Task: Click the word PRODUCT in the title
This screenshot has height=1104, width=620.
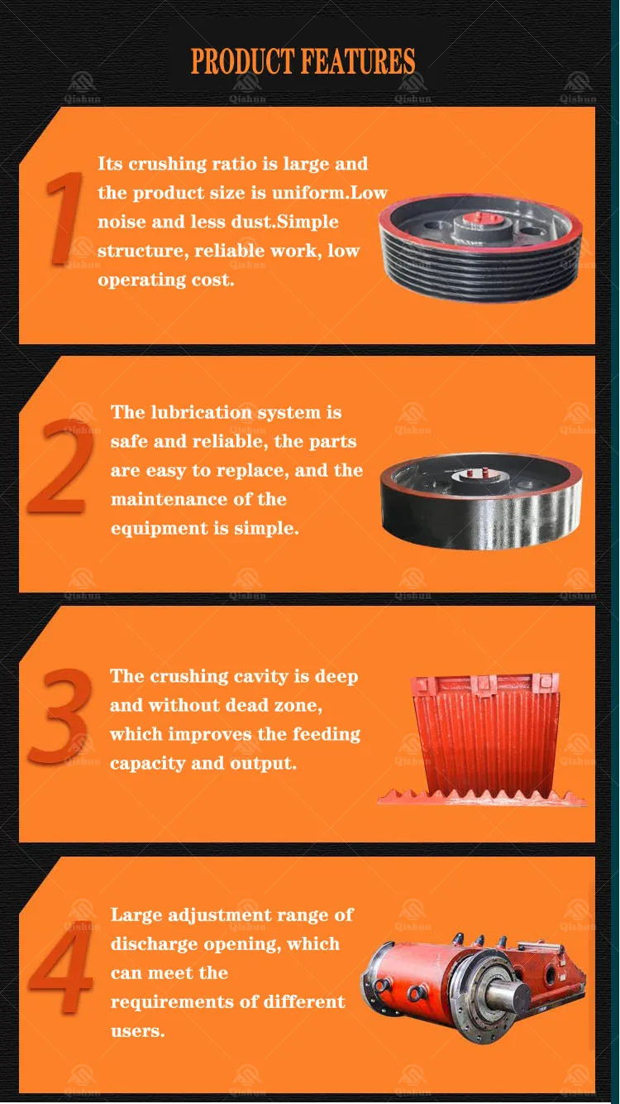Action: [x=242, y=61]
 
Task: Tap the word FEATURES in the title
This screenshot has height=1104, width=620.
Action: [x=358, y=61]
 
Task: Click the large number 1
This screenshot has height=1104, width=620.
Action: [x=64, y=218]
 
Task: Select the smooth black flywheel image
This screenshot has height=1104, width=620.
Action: [x=481, y=502]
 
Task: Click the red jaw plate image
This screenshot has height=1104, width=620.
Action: [x=483, y=740]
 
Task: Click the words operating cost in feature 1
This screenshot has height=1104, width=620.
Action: [x=166, y=280]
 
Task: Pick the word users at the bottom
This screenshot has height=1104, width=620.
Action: [x=138, y=1031]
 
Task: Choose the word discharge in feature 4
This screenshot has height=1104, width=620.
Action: [x=155, y=944]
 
